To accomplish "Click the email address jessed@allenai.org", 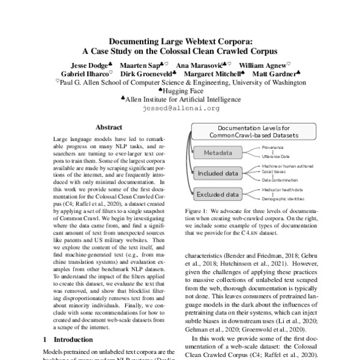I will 179,109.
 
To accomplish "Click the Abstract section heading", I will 109,127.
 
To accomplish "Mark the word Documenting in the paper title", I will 136,42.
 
